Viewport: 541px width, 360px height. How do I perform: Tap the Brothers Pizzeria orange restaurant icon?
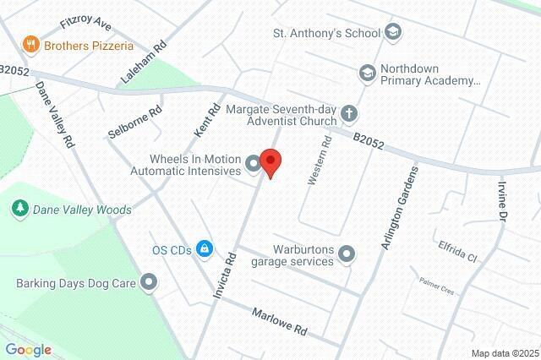[30, 45]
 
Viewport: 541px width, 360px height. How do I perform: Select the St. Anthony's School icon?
[391, 34]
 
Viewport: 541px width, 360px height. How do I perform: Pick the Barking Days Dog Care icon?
[149, 282]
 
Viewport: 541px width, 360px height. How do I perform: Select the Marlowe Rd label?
[280, 319]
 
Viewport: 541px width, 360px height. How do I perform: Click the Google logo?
[28, 350]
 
